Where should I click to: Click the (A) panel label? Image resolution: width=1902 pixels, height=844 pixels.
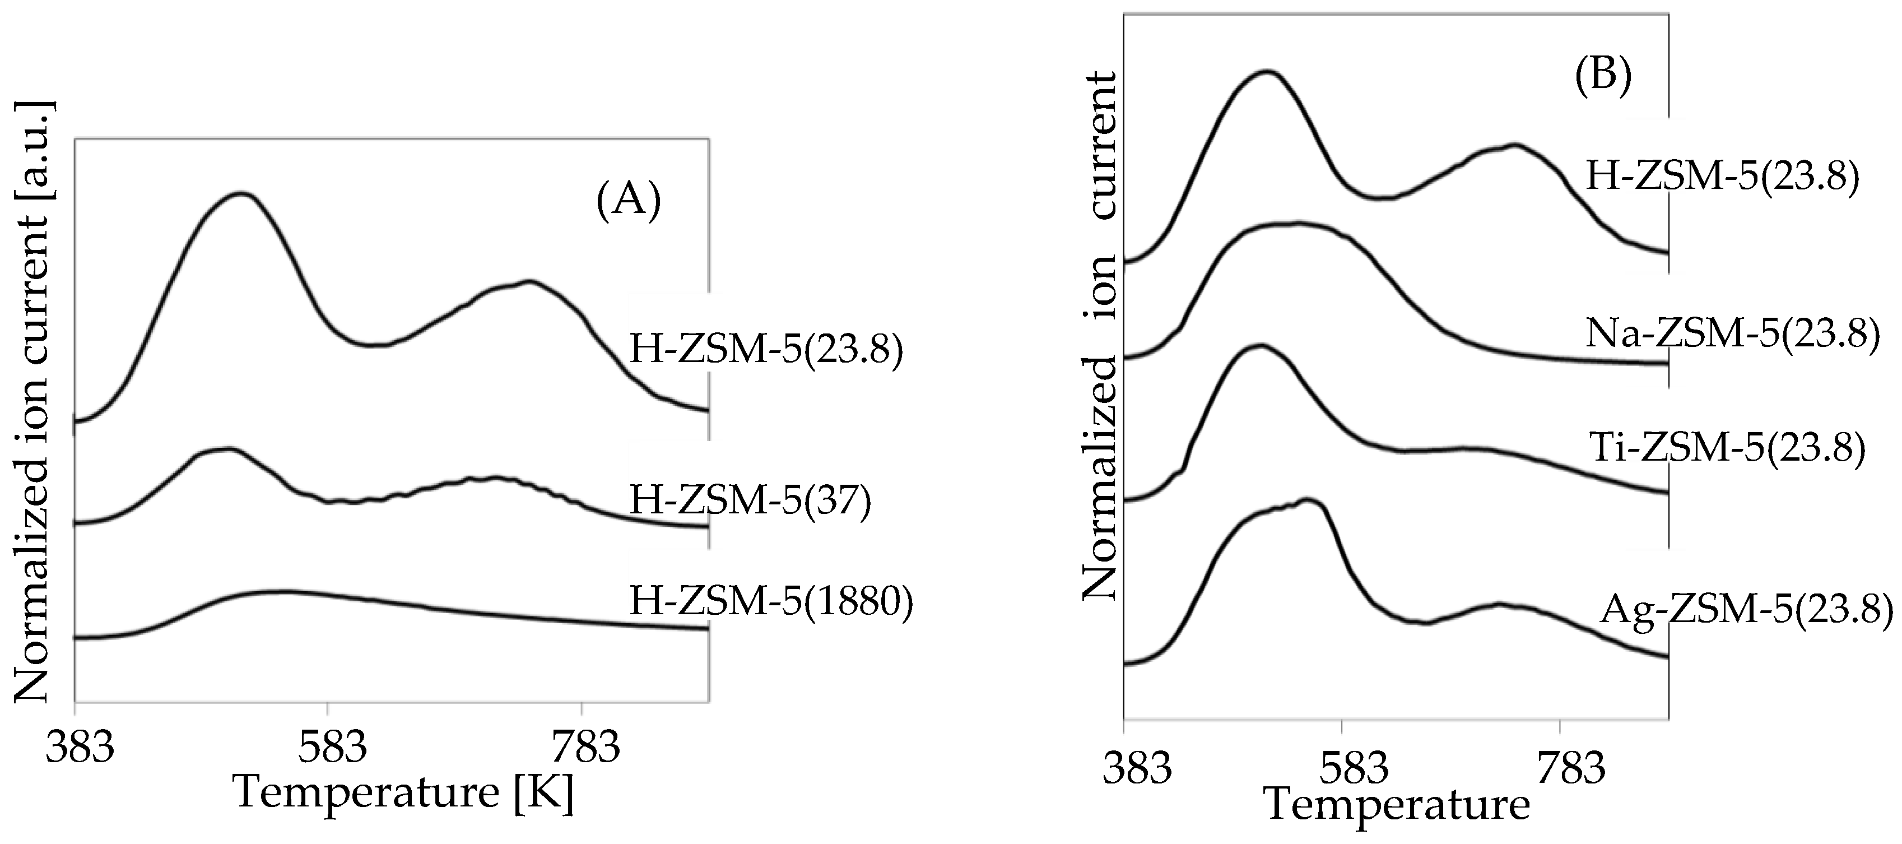(629, 200)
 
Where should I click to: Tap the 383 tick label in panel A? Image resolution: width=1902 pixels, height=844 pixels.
(80, 749)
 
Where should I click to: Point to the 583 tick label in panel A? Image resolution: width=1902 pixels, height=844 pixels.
(332, 749)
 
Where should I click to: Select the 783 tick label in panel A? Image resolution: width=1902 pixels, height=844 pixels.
(585, 749)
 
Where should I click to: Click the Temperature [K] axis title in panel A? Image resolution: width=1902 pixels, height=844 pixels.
(403, 793)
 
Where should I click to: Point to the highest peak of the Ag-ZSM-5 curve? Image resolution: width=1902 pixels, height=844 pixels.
(1308, 502)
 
